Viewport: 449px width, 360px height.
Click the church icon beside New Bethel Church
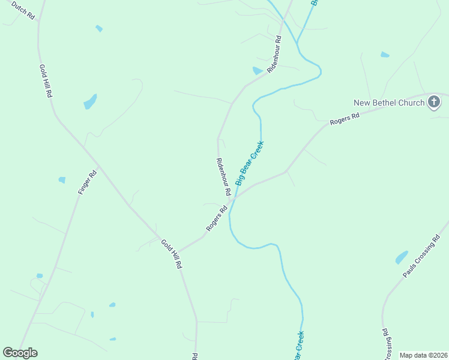pyautogui.click(x=434, y=102)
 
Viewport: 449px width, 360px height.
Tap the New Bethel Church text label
pyautogui.click(x=389, y=103)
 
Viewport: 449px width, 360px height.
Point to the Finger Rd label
pyautogui.click(x=87, y=182)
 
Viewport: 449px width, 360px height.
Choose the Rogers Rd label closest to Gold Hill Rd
pyautogui.click(x=217, y=218)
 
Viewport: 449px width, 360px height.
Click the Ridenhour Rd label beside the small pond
pyautogui.click(x=274, y=55)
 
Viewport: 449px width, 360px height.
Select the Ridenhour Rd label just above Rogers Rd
pyautogui.click(x=223, y=177)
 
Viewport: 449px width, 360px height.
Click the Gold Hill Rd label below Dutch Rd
pyautogui.click(x=46, y=82)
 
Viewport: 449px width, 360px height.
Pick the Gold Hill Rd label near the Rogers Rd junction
pyautogui.click(x=171, y=254)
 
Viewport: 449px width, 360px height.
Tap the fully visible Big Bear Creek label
pyautogui.click(x=250, y=162)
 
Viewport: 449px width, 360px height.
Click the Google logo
pyautogui.click(x=20, y=353)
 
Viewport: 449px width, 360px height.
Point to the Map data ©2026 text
pyautogui.click(x=423, y=355)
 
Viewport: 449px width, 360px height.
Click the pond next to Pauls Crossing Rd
pyautogui.click(x=402, y=257)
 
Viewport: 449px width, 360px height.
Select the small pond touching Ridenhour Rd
pyautogui.click(x=258, y=71)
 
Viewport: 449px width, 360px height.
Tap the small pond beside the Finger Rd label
pyautogui.click(x=62, y=180)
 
